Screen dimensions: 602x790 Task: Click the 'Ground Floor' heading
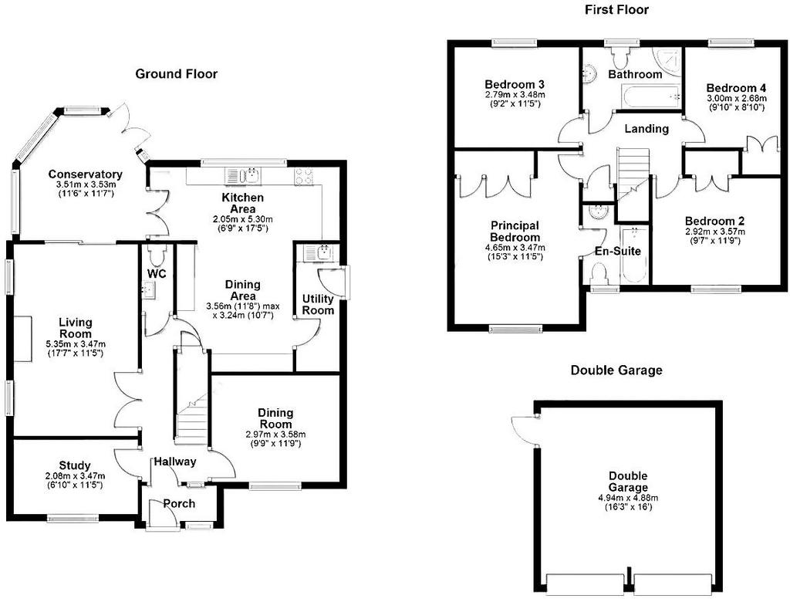pyautogui.click(x=176, y=74)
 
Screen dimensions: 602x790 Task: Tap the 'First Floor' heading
pyautogui.click(x=616, y=10)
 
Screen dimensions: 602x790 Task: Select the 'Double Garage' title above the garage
pyautogui.click(x=616, y=370)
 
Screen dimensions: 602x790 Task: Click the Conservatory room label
pyautogui.click(x=85, y=174)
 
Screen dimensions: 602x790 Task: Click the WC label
pyautogui.click(x=157, y=274)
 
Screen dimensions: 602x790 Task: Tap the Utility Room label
pyautogui.click(x=318, y=304)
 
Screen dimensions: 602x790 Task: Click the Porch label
pyautogui.click(x=179, y=504)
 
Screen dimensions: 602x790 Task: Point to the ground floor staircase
pyautogui.click(x=191, y=409)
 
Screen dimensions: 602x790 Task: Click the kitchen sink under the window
pyautogui.click(x=248, y=175)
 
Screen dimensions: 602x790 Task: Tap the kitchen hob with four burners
pyautogui.click(x=303, y=176)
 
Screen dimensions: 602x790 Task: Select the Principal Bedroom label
pyautogui.click(x=515, y=231)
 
